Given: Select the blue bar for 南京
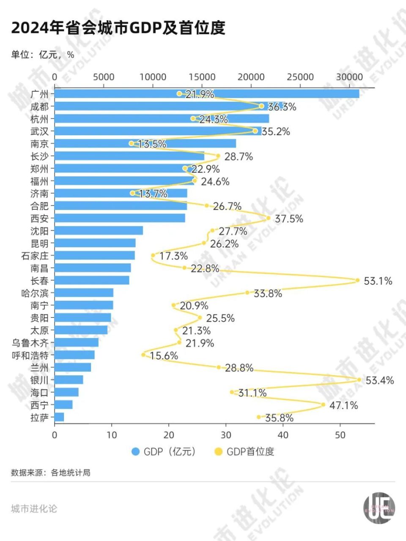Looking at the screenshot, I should click(x=145, y=144).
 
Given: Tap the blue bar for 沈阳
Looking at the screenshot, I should click(x=99, y=231).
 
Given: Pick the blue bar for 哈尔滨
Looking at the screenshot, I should click(x=84, y=293).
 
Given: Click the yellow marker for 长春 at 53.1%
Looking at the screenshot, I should click(x=357, y=280).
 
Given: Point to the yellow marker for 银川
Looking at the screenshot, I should click(x=359, y=380).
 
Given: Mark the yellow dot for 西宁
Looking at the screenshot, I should click(x=323, y=404).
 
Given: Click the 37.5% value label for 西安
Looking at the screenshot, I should click(x=289, y=219).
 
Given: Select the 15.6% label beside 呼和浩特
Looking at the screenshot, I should click(x=164, y=356).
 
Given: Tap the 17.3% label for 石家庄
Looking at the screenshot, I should click(x=173, y=256).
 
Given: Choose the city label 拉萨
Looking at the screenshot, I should click(x=39, y=418).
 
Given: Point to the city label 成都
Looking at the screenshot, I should click(x=39, y=107).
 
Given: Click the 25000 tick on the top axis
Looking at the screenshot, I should click(x=300, y=77).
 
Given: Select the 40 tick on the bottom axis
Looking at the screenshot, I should click(x=283, y=435).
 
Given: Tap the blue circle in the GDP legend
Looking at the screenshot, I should click(x=136, y=452).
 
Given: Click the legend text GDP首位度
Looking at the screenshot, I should click(x=250, y=452).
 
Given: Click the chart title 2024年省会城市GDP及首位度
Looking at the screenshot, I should click(x=118, y=28).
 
